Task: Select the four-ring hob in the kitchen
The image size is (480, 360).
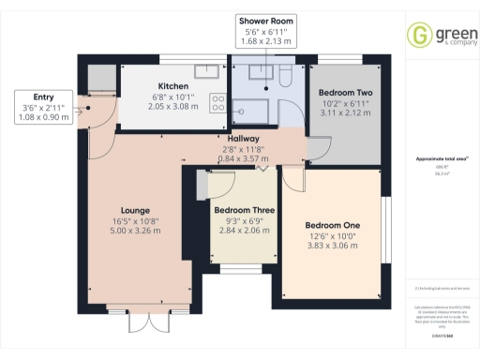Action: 217,102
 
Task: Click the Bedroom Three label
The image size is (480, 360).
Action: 244,211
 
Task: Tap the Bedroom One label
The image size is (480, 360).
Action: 332,225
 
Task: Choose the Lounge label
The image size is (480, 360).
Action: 137,210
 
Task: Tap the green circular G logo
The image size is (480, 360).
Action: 417,35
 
